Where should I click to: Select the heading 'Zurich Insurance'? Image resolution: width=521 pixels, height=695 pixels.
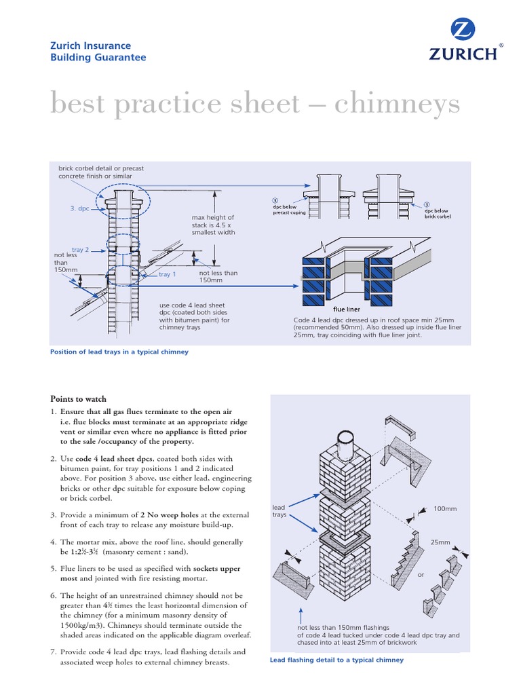pyautogui.click(x=91, y=45)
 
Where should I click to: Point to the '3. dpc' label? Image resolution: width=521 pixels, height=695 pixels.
pyautogui.click(x=79, y=209)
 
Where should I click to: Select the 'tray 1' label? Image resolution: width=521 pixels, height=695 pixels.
pyautogui.click(x=167, y=274)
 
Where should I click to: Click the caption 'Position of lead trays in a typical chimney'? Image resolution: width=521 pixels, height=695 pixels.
pyautogui.click(x=119, y=352)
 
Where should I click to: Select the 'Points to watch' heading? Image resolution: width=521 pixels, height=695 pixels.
pyautogui.click(x=78, y=399)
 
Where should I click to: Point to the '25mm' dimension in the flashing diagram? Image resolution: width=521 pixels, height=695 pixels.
pyautogui.click(x=440, y=542)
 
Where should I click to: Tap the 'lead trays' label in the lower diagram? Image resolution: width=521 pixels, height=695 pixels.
pyautogui.click(x=279, y=511)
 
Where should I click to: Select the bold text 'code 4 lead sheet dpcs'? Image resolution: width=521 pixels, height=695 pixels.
pyautogui.click(x=125, y=459)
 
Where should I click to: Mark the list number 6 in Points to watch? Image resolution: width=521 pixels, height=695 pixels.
pyautogui.click(x=54, y=595)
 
